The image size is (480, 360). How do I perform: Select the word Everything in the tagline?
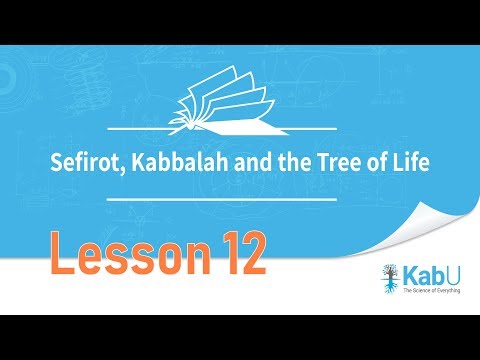[451, 291]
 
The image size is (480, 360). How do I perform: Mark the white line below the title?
[240, 198]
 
